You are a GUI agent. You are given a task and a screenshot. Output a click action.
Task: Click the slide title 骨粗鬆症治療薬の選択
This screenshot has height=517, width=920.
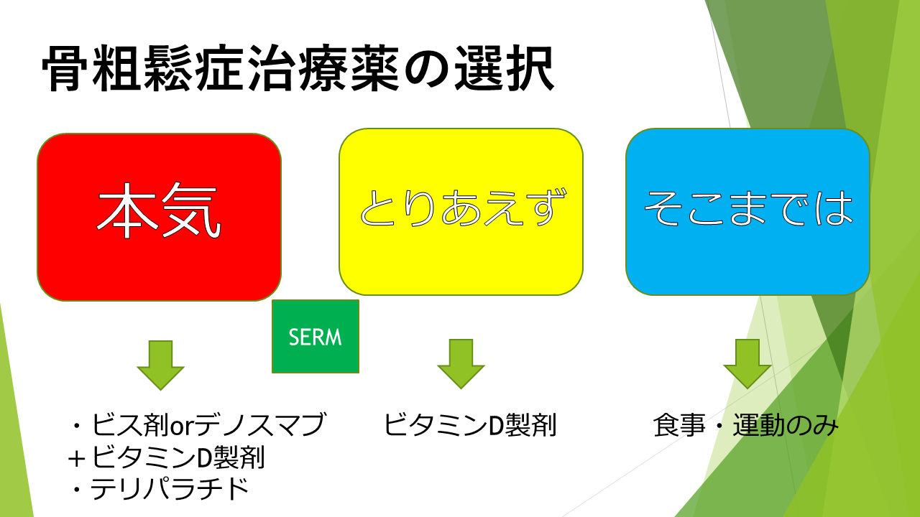(x=298, y=68)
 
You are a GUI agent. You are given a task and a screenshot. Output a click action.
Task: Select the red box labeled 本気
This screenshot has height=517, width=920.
(x=160, y=217)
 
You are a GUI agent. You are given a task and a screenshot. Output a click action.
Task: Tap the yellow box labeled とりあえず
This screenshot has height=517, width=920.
(x=461, y=212)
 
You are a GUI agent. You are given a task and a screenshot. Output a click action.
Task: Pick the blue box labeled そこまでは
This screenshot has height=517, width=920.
(x=748, y=212)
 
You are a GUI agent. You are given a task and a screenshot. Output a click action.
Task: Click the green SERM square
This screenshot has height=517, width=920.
(x=316, y=337)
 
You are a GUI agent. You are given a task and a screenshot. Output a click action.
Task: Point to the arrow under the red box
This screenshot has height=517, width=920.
(x=160, y=365)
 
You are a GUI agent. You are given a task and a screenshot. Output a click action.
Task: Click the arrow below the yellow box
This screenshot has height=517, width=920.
(x=461, y=364)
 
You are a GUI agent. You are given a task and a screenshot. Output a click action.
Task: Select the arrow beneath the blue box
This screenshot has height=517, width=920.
(x=747, y=364)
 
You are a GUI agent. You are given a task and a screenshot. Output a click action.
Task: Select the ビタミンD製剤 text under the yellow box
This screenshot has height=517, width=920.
(x=470, y=424)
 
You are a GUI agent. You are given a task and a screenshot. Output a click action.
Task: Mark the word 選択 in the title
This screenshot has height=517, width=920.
(x=505, y=68)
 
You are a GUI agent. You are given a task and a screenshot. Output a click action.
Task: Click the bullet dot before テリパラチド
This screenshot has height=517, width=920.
(x=76, y=490)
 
